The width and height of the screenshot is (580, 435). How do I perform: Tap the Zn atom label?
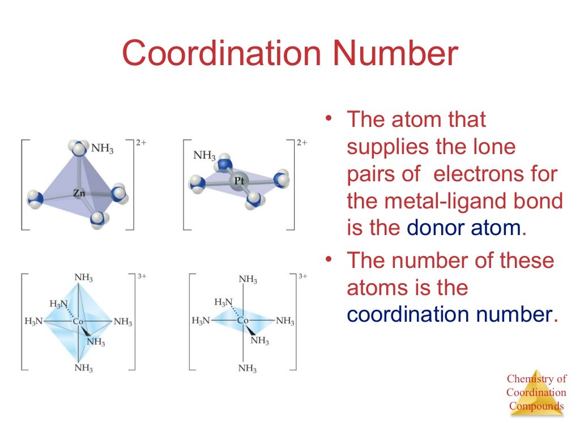pyautogui.click(x=79, y=193)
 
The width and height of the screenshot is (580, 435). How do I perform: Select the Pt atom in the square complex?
pyautogui.click(x=239, y=181)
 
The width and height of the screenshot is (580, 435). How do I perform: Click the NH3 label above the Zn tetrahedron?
pyautogui.click(x=103, y=149)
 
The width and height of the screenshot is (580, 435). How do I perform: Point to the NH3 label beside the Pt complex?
pyautogui.click(x=204, y=155)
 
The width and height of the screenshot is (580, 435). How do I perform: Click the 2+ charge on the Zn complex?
pyautogui.click(x=141, y=143)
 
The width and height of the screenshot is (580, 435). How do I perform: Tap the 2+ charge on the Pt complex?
pyautogui.click(x=301, y=143)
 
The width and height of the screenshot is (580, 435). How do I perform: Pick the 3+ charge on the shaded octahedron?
pyautogui.click(x=142, y=276)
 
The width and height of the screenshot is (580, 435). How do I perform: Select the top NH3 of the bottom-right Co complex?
pyautogui.click(x=248, y=279)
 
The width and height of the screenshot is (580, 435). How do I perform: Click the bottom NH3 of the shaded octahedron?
pyautogui.click(x=84, y=368)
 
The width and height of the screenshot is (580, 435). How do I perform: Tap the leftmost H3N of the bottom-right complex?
pyautogui.click(x=201, y=321)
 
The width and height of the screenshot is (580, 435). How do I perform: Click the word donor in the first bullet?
pyautogui.click(x=435, y=228)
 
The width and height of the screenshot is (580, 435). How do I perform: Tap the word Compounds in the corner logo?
pyautogui.click(x=536, y=406)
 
